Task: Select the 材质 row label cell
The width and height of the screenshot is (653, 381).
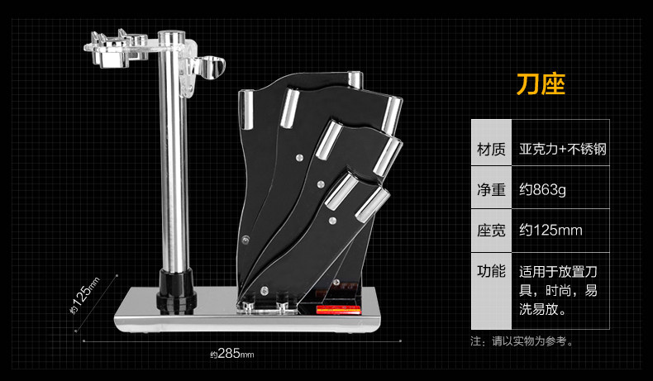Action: [491, 150]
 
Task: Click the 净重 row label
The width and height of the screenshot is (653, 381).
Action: [491, 190]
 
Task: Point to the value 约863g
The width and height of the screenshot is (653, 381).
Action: [543, 190]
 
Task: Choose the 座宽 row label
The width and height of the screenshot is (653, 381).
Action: [491, 230]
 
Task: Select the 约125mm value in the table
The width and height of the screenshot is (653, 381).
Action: [551, 230]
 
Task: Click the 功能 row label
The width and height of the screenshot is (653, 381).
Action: [491, 271]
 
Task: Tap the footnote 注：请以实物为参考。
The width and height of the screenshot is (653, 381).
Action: [522, 341]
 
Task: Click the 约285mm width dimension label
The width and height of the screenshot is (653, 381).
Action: [231, 355]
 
